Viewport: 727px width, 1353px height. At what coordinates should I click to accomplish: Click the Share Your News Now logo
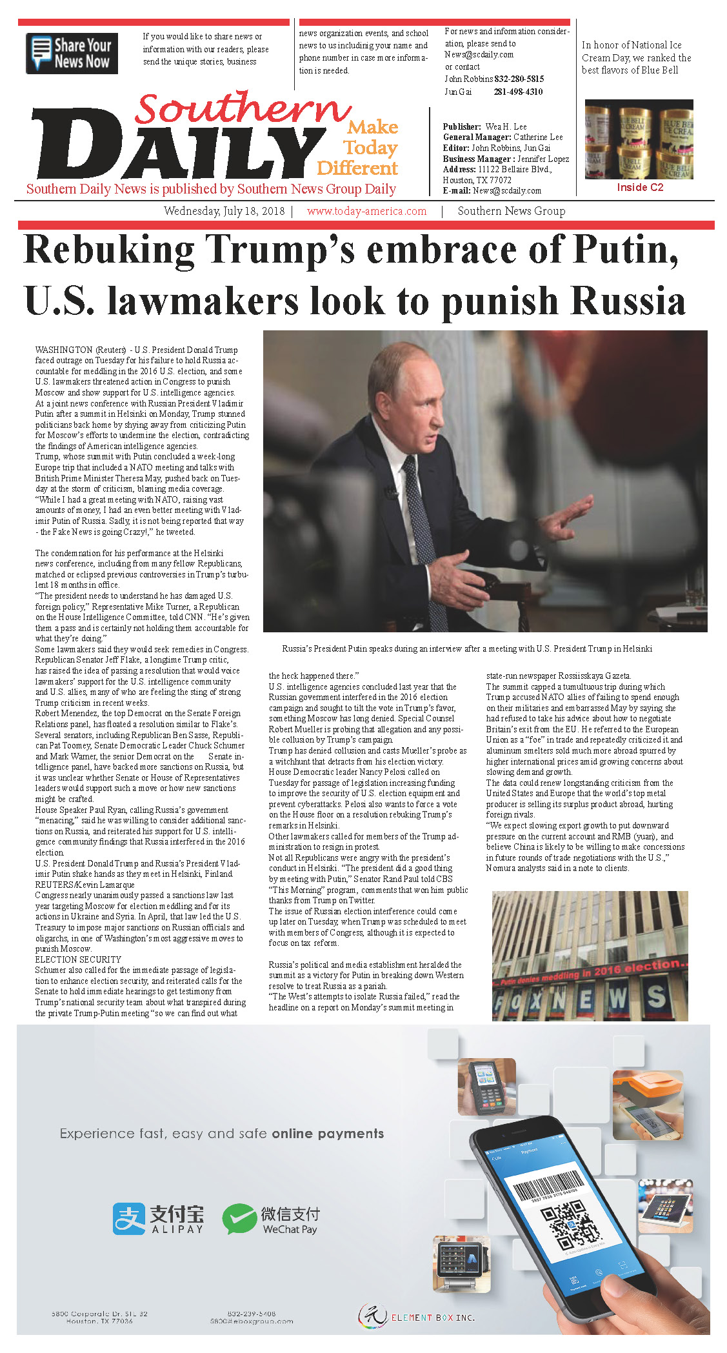(72, 54)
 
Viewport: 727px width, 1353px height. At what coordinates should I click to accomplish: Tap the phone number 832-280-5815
(519, 79)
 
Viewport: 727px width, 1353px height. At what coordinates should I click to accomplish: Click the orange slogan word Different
(357, 168)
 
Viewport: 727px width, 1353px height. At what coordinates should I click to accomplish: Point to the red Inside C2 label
(639, 188)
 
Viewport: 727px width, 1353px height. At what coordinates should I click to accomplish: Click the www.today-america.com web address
(366, 211)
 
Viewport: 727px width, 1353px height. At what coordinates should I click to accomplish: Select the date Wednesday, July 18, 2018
(224, 211)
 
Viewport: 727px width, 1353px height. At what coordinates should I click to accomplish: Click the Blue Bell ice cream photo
(639, 139)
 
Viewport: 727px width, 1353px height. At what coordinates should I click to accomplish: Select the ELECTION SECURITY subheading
(78, 959)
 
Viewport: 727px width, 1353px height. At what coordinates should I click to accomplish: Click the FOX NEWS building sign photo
(590, 956)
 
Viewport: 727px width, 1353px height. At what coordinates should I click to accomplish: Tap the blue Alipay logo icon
(129, 1218)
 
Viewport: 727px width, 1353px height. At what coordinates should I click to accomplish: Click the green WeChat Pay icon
(239, 1218)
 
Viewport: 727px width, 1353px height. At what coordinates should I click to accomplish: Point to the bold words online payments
(328, 1134)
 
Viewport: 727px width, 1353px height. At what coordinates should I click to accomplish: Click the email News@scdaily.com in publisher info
(506, 191)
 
